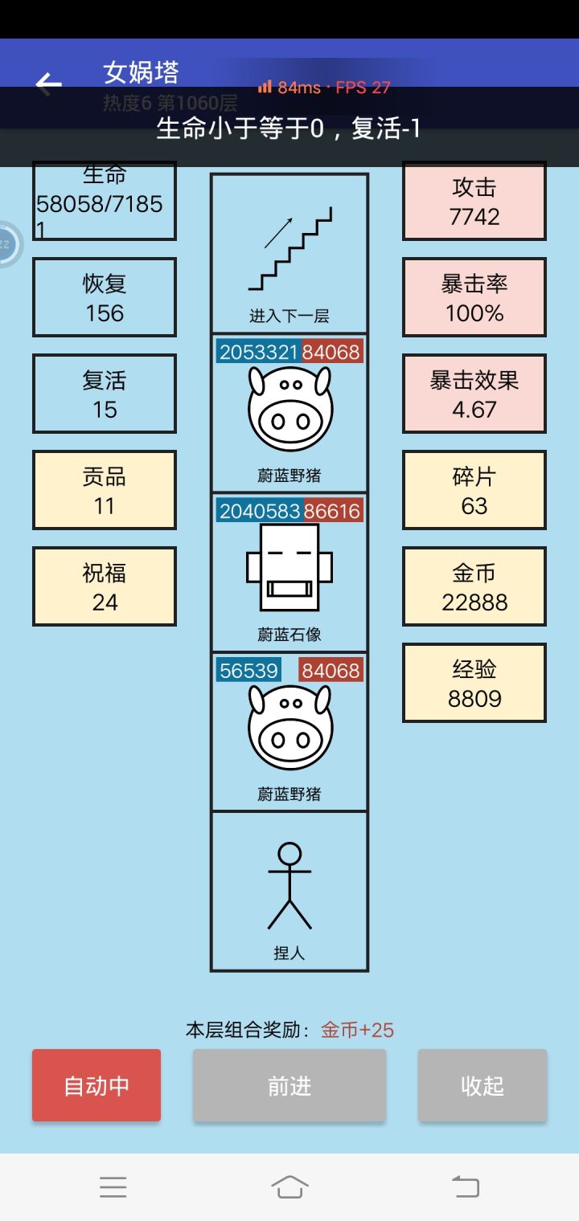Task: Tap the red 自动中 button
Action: (x=96, y=1085)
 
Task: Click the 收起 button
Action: (x=482, y=1085)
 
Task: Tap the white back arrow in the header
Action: (x=49, y=84)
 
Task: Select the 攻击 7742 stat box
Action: (x=474, y=202)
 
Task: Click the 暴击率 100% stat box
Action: (x=474, y=297)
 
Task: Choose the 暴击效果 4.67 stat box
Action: (x=474, y=394)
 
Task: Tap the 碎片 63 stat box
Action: (x=474, y=490)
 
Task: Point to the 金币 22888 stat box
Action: (x=474, y=586)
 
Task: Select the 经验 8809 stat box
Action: (x=474, y=683)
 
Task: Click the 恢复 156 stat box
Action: (x=105, y=297)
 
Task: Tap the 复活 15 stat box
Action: (x=105, y=394)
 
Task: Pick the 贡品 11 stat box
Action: (x=105, y=490)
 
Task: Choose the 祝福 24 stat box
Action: (x=105, y=586)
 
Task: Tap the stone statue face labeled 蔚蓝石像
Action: (x=289, y=567)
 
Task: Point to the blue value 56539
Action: (x=248, y=670)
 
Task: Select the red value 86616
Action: (x=332, y=511)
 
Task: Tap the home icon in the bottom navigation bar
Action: (x=289, y=1186)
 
